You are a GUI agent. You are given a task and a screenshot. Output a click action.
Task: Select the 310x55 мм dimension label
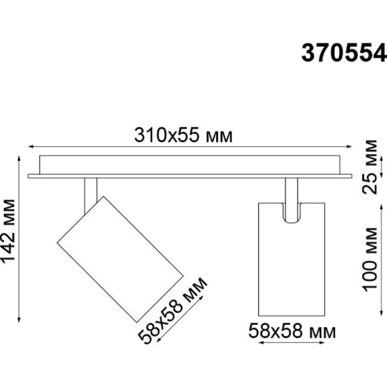(183, 136)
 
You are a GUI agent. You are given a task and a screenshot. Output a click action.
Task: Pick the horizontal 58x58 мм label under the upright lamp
(292, 330)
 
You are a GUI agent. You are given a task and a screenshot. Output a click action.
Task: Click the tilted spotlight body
(120, 256)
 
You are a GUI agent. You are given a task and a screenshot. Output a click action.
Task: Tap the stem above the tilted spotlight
(91, 193)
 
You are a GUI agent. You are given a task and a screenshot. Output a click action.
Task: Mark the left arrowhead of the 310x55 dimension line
(29, 148)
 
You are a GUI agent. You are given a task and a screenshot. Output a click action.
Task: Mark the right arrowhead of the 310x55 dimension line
(350, 148)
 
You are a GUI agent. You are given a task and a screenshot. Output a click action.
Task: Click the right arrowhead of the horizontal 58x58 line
(324, 345)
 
